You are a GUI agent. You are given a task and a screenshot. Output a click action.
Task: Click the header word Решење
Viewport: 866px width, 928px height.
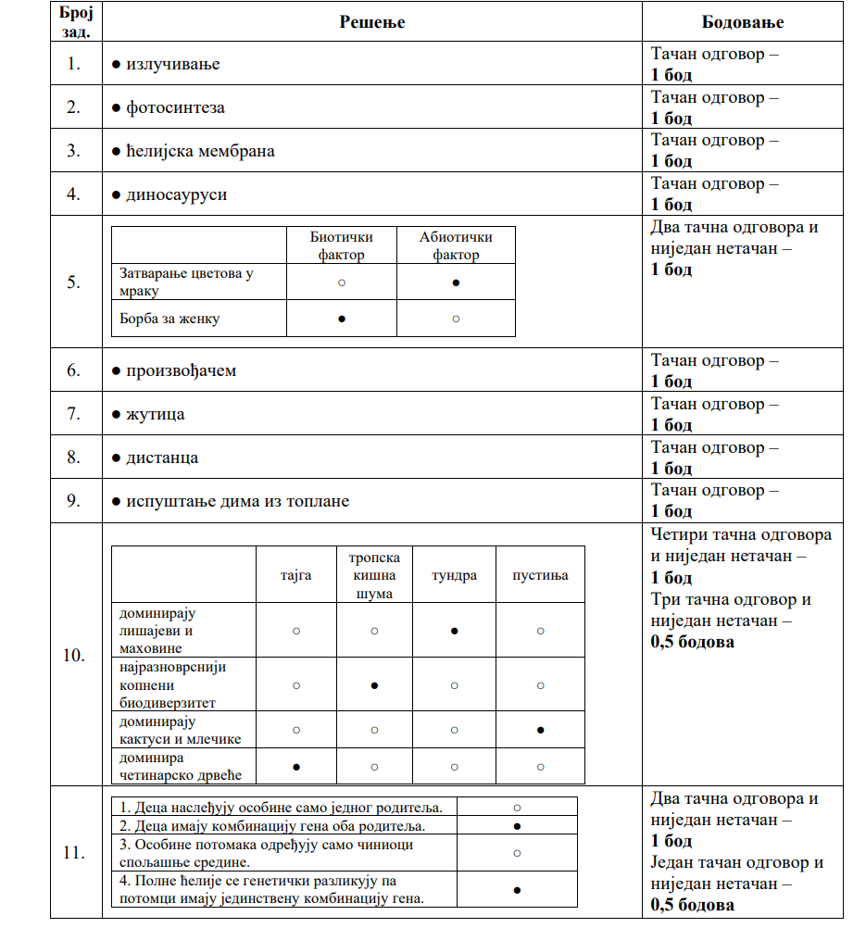(371, 21)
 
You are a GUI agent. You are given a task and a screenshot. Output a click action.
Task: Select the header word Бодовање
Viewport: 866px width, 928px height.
(743, 21)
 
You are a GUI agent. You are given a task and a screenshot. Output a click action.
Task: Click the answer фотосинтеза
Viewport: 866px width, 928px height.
(175, 107)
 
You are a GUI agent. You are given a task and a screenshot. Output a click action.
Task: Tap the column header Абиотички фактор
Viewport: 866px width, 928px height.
(456, 245)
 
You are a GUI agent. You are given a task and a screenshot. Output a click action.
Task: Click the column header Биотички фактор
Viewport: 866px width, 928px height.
(342, 245)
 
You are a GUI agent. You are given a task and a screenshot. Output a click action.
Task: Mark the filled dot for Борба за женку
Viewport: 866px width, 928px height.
(342, 319)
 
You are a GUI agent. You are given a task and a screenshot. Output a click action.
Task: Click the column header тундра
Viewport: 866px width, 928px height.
(455, 575)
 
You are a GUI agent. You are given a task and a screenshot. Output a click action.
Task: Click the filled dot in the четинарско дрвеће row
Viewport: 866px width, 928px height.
(295, 767)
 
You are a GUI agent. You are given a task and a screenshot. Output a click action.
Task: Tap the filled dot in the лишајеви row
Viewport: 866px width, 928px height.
(455, 630)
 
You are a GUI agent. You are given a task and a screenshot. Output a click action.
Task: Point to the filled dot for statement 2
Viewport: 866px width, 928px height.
(517, 825)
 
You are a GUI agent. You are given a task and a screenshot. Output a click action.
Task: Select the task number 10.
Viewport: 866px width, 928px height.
(74, 656)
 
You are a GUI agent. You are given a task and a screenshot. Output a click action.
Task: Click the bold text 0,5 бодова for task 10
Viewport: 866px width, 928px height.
(693, 641)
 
